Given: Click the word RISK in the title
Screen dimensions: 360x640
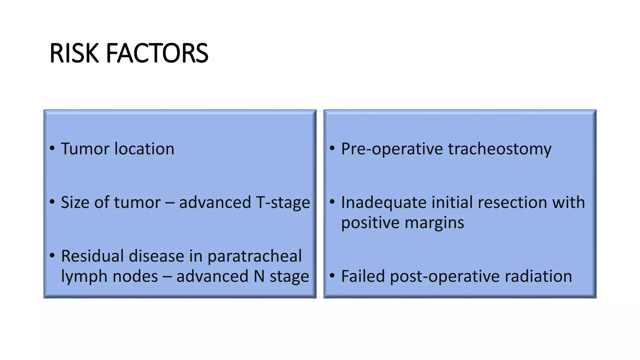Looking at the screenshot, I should click(x=74, y=53).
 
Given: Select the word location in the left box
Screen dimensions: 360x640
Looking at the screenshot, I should click(x=144, y=149).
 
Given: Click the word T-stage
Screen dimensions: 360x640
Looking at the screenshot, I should click(x=283, y=202).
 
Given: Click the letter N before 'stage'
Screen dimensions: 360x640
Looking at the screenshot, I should click(x=259, y=276).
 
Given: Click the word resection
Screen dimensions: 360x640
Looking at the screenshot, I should click(x=512, y=202).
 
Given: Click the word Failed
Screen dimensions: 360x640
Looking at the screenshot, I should click(x=363, y=276).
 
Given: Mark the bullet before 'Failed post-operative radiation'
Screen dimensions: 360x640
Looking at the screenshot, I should click(x=332, y=276).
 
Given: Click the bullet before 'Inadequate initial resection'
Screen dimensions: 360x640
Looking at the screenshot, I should click(x=332, y=202).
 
